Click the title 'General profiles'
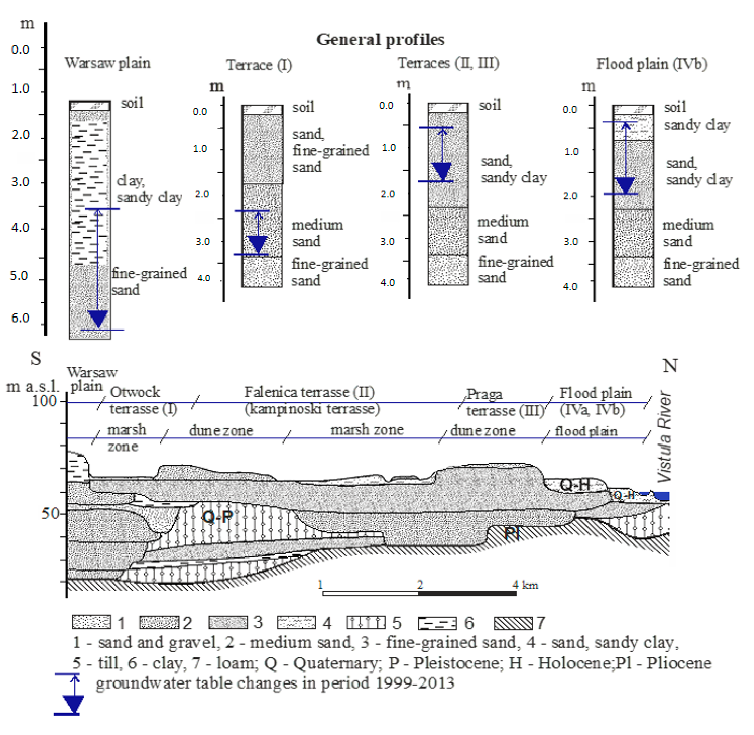[x=380, y=40]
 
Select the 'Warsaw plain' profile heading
[x=107, y=63]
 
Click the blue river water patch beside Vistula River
[x=662, y=496]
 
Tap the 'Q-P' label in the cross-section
[x=218, y=516]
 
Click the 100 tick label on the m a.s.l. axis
[x=44, y=401]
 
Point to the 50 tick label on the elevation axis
[x=50, y=513]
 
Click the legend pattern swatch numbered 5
[x=365, y=622]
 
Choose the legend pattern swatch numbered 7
[x=513, y=622]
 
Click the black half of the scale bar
[x=467, y=593]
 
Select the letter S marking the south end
[x=35, y=358]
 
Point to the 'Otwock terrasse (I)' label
[x=143, y=400]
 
